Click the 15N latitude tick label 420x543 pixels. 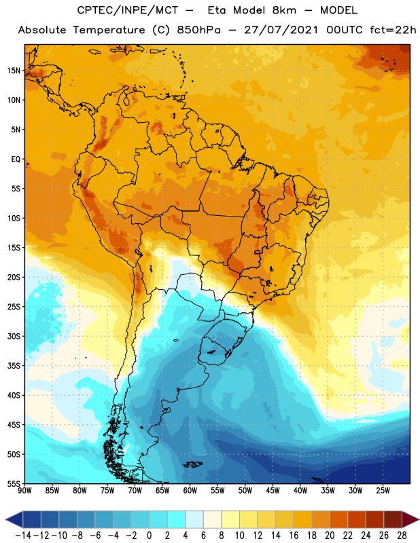coord(14,71)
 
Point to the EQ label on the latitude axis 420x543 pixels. coord(16,160)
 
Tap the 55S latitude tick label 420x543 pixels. coord(14,484)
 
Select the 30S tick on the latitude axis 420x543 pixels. coord(14,336)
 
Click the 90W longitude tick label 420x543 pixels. coord(24,490)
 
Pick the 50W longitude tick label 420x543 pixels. coord(245,490)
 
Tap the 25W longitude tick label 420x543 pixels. coord(383,490)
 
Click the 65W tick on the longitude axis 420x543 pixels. coord(162,490)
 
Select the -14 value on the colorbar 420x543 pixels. coord(23,536)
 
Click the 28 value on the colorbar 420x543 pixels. coord(402,536)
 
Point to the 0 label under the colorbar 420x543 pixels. coord(149,536)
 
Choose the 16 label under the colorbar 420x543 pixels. coord(294,536)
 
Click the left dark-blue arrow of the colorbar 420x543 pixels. coord(14,519)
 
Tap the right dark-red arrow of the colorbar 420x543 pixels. coord(410,519)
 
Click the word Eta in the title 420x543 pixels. coord(216,10)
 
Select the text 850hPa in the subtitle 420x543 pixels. coord(198,30)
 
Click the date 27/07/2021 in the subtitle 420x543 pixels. coord(281,30)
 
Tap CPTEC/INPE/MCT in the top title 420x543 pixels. coord(127,10)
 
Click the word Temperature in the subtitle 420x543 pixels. coord(109,31)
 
